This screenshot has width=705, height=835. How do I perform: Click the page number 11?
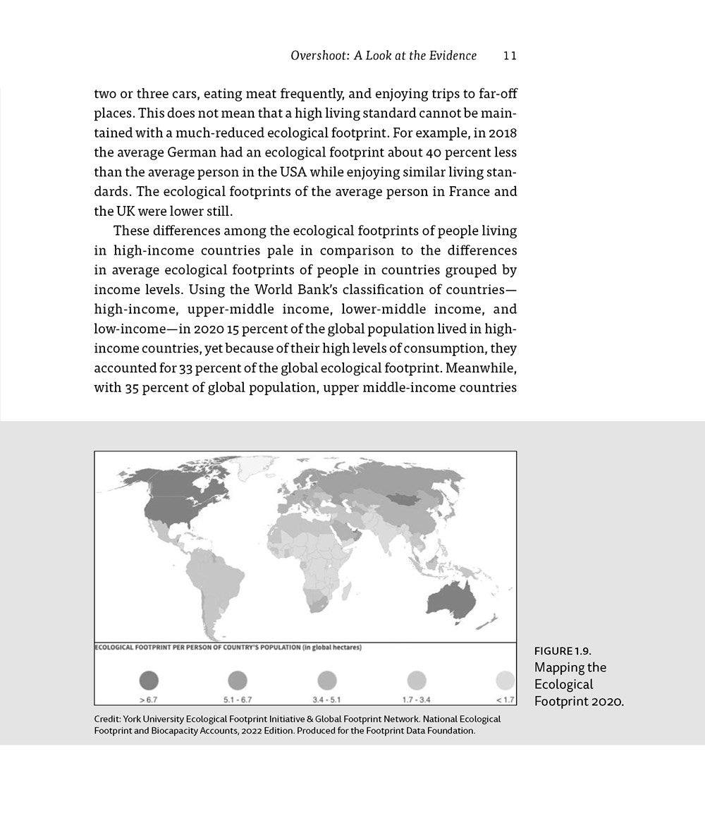pyautogui.click(x=510, y=56)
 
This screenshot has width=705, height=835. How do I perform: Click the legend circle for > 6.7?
pyautogui.click(x=149, y=680)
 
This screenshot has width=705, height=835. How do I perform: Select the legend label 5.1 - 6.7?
pyautogui.click(x=238, y=699)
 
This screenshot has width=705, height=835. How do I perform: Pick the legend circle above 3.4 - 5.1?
pyautogui.click(x=326, y=680)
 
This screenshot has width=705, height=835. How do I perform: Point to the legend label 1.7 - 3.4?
pyautogui.click(x=417, y=699)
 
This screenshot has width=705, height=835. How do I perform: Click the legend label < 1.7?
pyautogui.click(x=505, y=699)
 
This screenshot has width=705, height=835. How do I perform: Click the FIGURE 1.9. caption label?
pyautogui.click(x=563, y=650)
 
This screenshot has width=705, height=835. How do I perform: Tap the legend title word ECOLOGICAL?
pyautogui.click(x=117, y=647)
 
